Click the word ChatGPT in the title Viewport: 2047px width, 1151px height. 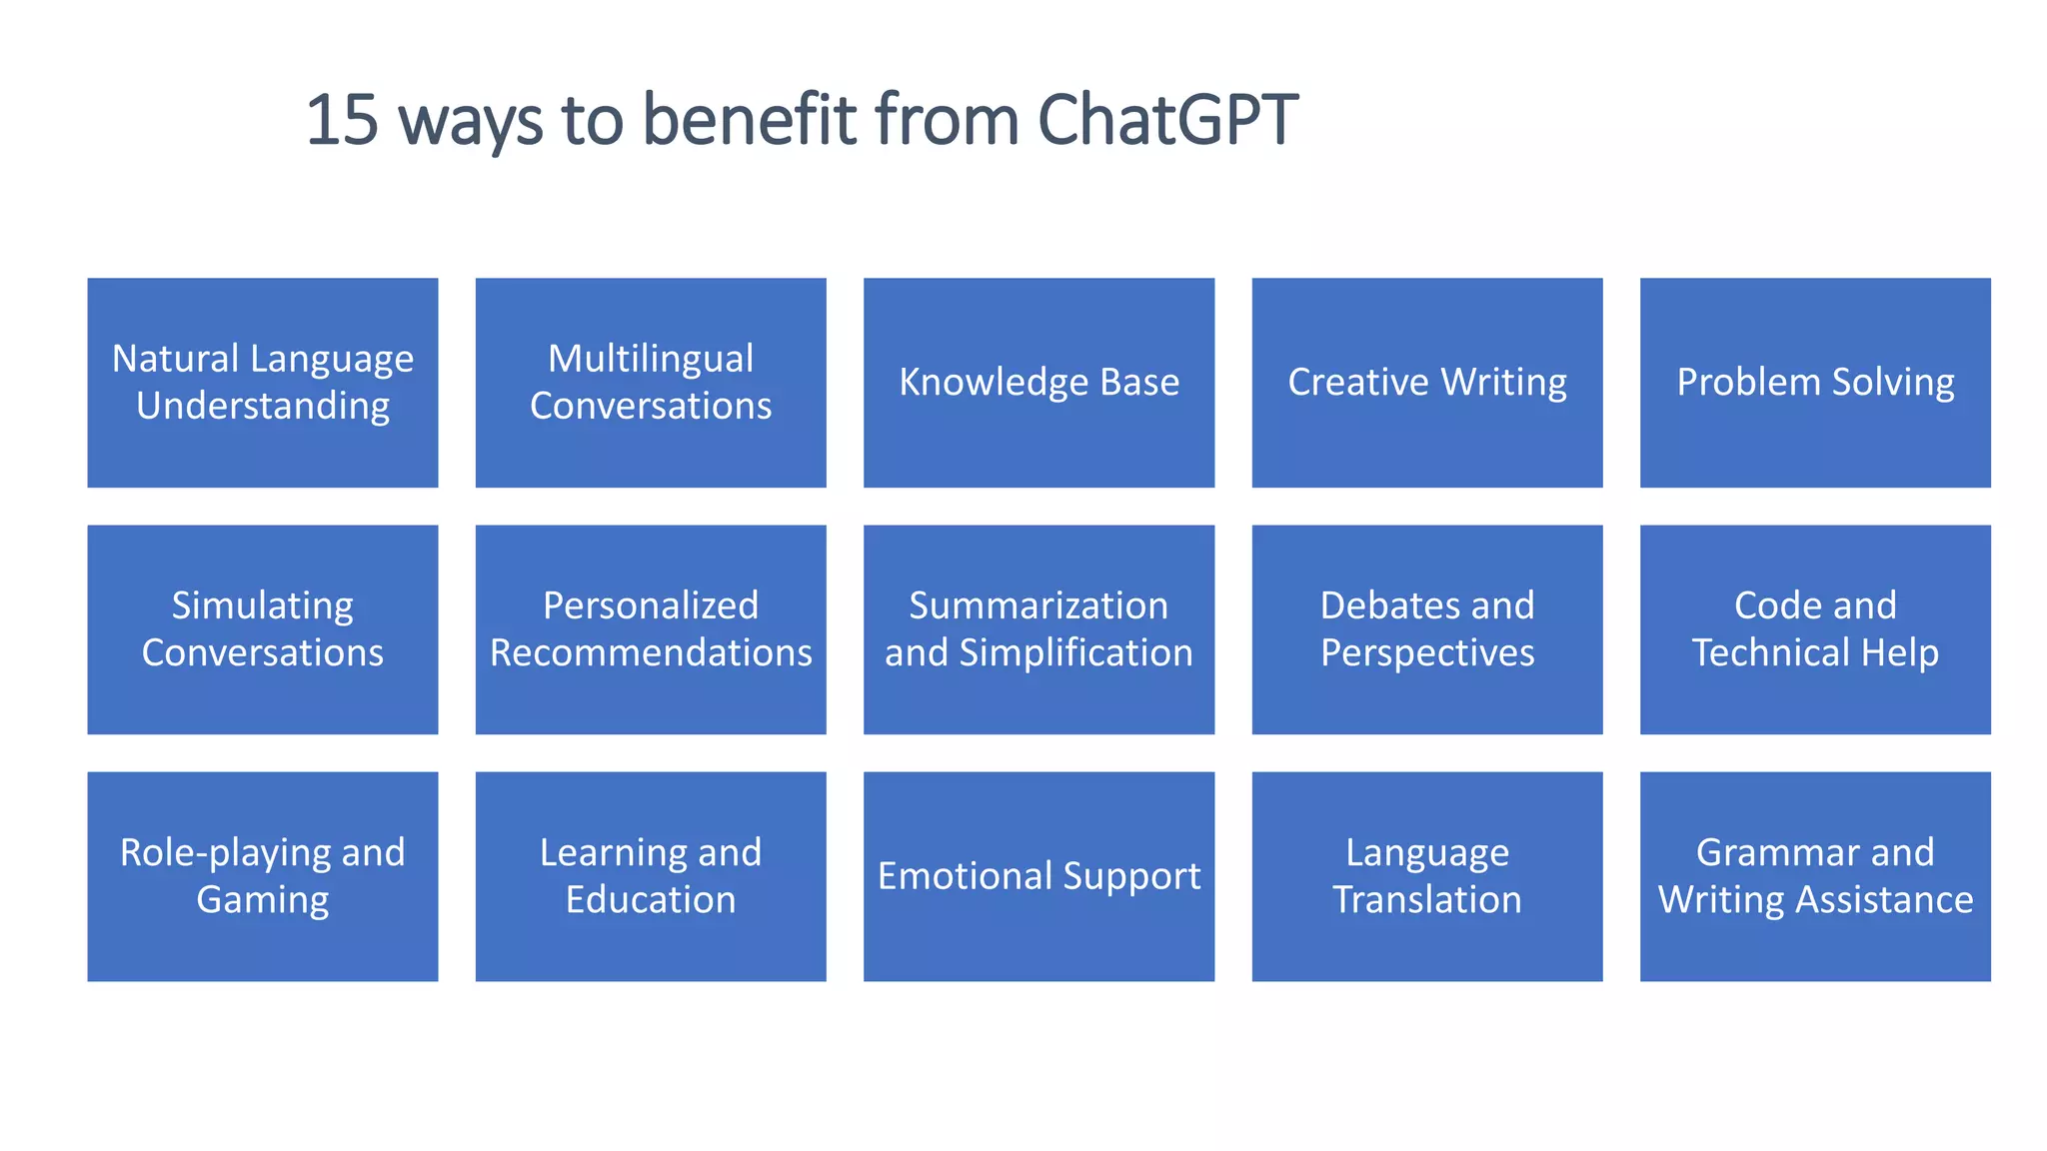pyautogui.click(x=1167, y=120)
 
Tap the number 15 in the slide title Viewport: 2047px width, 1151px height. pyautogui.click(x=342, y=120)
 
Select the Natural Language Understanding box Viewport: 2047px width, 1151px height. pyautogui.click(x=263, y=383)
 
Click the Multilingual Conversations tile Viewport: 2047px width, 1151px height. pyautogui.click(x=651, y=383)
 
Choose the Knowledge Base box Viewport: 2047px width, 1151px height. pyautogui.click(x=1038, y=383)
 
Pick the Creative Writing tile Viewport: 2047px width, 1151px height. pyautogui.click(x=1427, y=383)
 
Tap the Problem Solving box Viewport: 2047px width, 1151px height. pyautogui.click(x=1815, y=383)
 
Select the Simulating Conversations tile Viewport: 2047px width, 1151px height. pyautogui.click(x=263, y=629)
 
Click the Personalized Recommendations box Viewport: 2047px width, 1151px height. pyautogui.click(x=651, y=629)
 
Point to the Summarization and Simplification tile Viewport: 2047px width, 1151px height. pyautogui.click(x=1038, y=629)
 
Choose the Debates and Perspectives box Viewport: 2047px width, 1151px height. pyautogui.click(x=1427, y=629)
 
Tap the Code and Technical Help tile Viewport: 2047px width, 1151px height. pyautogui.click(x=1815, y=629)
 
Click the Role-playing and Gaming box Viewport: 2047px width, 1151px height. pyautogui.click(x=263, y=876)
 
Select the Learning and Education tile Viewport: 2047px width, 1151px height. pyautogui.click(x=651, y=876)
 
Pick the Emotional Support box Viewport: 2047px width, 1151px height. pyautogui.click(x=1038, y=876)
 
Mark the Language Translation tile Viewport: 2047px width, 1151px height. pyautogui.click(x=1427, y=876)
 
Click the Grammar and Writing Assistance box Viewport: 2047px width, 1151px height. pyautogui.click(x=1815, y=876)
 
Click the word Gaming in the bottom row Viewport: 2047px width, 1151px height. pyautogui.click(x=263, y=900)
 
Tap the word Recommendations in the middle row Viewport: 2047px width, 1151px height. pyautogui.click(x=651, y=653)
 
